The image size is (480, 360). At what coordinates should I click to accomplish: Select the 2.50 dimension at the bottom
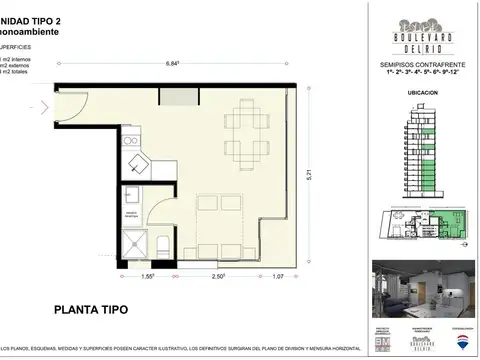(x=216, y=274)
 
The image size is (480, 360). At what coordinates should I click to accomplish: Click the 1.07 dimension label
(x=279, y=274)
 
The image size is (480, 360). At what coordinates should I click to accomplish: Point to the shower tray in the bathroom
(x=132, y=243)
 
